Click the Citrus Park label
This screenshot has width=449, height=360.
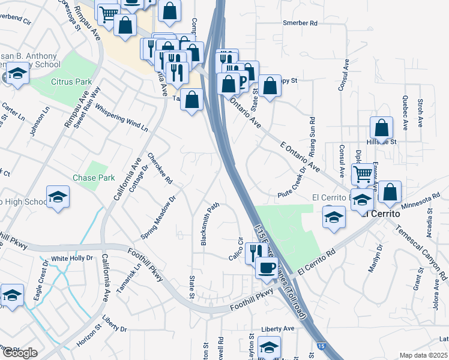click(71, 81)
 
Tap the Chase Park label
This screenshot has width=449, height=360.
click(94, 178)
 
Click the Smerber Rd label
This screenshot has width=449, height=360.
click(300, 23)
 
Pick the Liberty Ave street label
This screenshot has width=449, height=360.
click(278, 329)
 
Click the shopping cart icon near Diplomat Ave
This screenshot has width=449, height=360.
click(363, 175)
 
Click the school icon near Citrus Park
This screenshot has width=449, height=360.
click(17, 75)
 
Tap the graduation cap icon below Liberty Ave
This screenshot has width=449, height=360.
click(269, 347)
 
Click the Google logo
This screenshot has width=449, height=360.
click(20, 353)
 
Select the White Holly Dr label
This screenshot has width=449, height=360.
click(72, 259)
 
